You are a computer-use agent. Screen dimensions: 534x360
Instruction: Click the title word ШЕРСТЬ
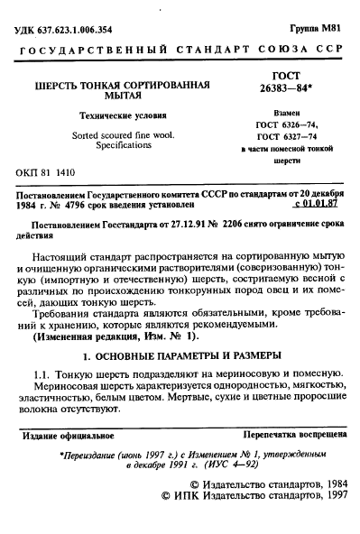coord(58,85)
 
